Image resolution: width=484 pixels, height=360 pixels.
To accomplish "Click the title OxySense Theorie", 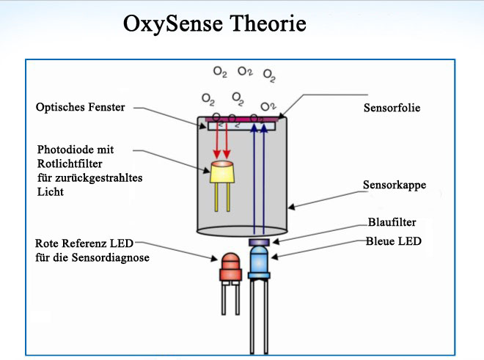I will (x=214, y=23).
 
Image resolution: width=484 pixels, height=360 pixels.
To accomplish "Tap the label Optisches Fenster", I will (x=81, y=108).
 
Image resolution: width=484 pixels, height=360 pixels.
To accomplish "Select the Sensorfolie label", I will (x=392, y=108).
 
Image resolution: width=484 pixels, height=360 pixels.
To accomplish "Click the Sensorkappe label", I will (x=394, y=185).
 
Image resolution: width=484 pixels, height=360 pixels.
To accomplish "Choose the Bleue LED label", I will (x=393, y=240).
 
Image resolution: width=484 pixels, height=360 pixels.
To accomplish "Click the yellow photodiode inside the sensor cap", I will (x=221, y=172).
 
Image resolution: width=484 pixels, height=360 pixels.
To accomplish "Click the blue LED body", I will (x=260, y=262).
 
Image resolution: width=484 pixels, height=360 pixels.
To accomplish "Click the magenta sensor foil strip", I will (x=242, y=117).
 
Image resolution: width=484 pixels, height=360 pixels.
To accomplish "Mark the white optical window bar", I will (x=242, y=126).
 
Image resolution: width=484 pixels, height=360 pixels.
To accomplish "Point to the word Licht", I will (x=51, y=192).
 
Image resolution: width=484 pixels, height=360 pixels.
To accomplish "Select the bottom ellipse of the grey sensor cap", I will (x=242, y=231).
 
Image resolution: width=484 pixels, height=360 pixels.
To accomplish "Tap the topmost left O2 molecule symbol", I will (x=220, y=72).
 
